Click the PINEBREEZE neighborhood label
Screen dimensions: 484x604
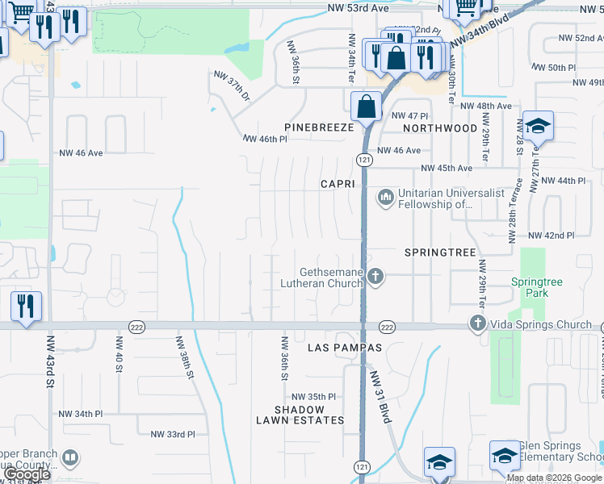pyautogui.click(x=319, y=128)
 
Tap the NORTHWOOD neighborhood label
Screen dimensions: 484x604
pyautogui.click(x=440, y=128)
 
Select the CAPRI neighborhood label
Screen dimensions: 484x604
pyautogui.click(x=337, y=184)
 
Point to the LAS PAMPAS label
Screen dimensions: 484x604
pyautogui.click(x=344, y=348)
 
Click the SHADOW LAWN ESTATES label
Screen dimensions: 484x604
pyautogui.click(x=300, y=415)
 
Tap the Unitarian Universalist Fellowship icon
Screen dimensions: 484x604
pyautogui.click(x=385, y=196)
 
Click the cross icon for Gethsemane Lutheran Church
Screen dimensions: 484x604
pyautogui.click(x=375, y=277)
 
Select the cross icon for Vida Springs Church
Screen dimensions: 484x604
pyautogui.click(x=477, y=324)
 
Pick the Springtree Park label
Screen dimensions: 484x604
pyautogui.click(x=536, y=287)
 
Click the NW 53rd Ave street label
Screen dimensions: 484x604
pyautogui.click(x=359, y=8)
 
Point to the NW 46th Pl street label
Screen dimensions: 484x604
pyautogui.click(x=265, y=139)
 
